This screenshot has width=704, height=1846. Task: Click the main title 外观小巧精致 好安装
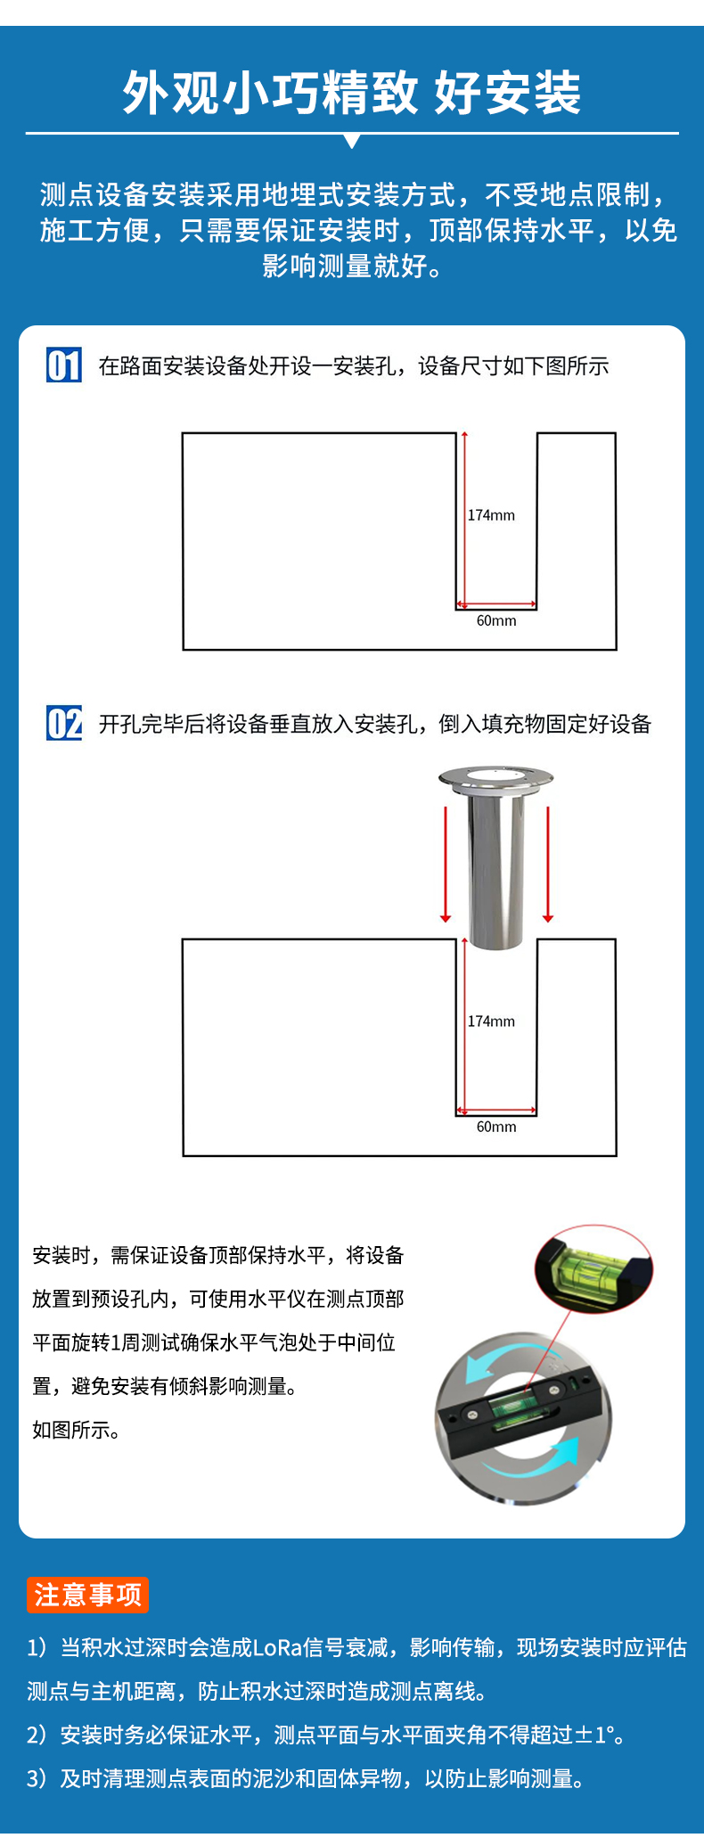click(351, 93)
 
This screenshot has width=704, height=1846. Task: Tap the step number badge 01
click(64, 365)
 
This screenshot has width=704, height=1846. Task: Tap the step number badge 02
click(64, 723)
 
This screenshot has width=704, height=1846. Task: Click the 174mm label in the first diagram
click(491, 515)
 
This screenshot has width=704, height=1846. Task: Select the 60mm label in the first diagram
click(496, 620)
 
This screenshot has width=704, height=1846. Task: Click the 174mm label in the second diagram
click(491, 1021)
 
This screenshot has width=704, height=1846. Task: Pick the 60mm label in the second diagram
click(496, 1127)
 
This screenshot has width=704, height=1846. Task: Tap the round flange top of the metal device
click(495, 779)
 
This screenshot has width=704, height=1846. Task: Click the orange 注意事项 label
click(87, 1595)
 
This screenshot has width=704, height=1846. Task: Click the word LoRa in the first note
click(277, 1647)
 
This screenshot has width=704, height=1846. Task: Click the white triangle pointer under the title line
click(352, 142)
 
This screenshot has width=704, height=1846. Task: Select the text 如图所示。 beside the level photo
click(77, 1430)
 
